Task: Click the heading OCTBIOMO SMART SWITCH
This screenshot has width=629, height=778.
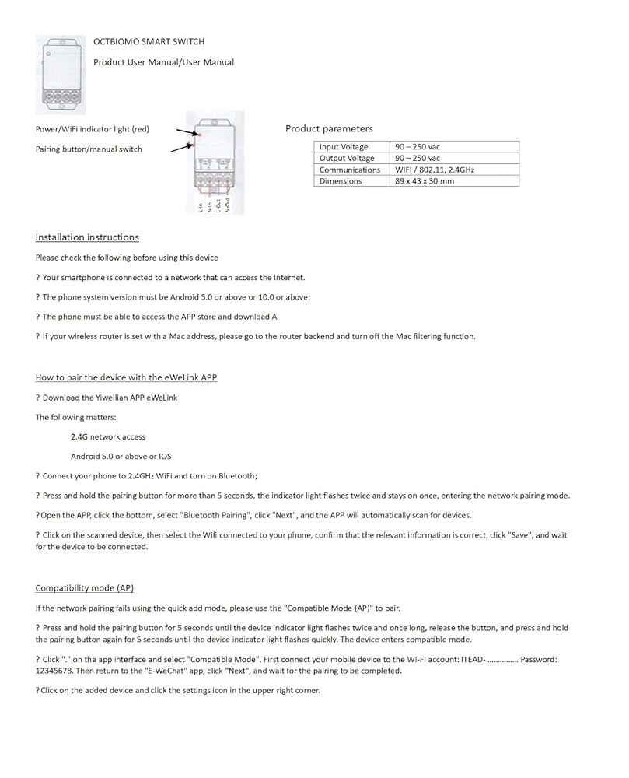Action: pos(149,41)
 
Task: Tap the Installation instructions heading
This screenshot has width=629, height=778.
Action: pos(87,237)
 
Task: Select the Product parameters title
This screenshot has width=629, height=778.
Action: pos(329,128)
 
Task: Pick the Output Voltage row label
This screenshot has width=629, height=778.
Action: pos(347,158)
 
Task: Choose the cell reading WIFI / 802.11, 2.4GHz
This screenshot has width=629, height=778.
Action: pos(435,170)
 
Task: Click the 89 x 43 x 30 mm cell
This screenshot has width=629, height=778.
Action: pos(425,181)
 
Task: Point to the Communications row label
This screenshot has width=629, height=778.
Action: pos(350,170)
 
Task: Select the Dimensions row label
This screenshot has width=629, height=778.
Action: pos(341,181)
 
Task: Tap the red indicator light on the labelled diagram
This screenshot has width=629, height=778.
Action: pos(200,135)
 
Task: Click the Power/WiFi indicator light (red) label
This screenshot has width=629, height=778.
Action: pos(93,129)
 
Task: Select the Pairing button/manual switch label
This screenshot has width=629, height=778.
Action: pos(89,149)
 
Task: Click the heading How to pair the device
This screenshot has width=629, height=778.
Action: pos(126,377)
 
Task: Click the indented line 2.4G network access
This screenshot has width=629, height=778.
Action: pos(108,437)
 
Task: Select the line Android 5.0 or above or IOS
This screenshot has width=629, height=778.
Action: pos(121,457)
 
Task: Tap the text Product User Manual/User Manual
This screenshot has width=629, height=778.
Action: pos(163,62)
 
